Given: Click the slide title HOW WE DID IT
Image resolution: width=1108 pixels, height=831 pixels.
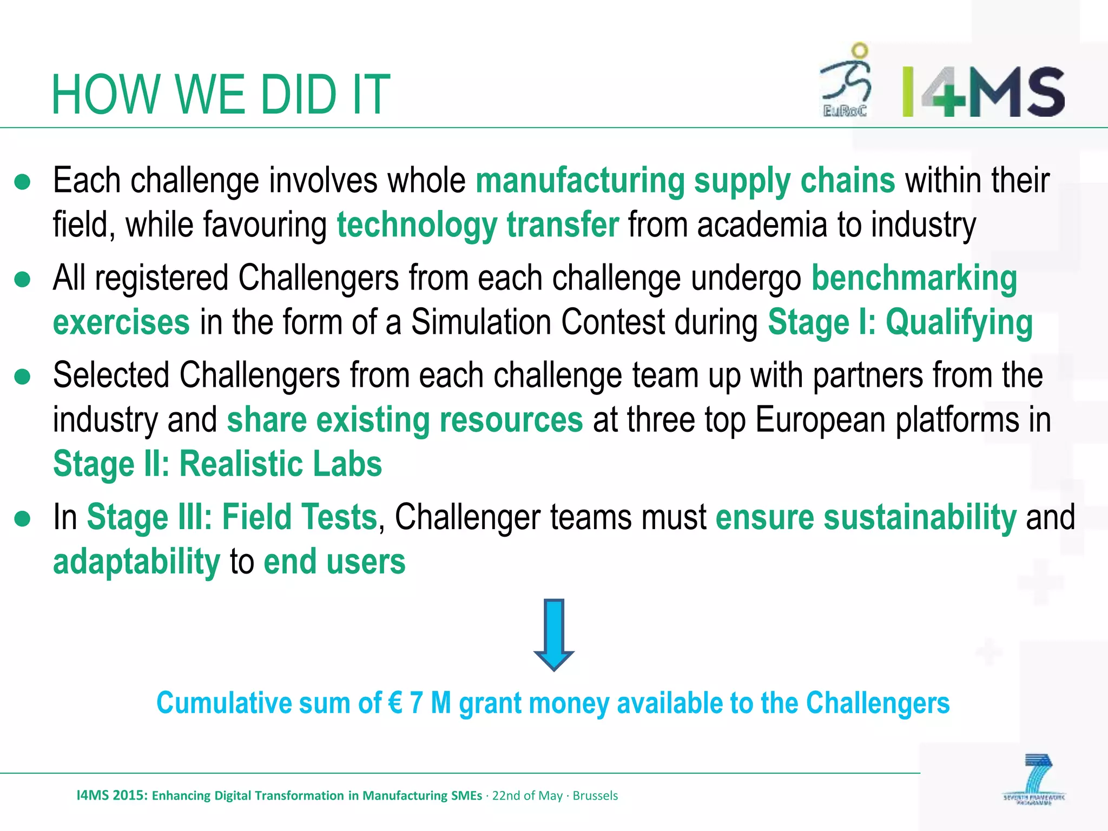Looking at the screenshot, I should tap(221, 95).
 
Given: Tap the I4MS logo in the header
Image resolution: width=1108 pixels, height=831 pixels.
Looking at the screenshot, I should tap(984, 92).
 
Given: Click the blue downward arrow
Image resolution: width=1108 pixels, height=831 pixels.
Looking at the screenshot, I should tap(554, 634).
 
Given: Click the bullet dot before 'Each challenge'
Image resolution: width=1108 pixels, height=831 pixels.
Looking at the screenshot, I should tap(23, 182).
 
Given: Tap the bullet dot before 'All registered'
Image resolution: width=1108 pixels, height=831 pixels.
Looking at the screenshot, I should tap(23, 280).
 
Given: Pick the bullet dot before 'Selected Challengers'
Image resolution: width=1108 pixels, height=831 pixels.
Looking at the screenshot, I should tap(23, 377).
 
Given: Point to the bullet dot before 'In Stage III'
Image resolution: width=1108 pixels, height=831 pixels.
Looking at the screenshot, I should tap(23, 518).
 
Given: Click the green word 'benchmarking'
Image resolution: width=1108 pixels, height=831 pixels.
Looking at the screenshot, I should tap(914, 279).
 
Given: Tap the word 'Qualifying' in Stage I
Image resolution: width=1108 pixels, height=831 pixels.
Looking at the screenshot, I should tap(959, 323).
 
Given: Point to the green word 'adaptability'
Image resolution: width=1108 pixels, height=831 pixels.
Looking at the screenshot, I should tap(136, 562).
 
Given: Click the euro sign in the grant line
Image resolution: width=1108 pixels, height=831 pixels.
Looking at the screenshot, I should tap(395, 703).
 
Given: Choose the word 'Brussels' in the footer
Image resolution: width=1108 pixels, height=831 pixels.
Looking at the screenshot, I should tap(595, 795).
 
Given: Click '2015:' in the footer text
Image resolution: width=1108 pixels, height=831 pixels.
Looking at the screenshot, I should tap(130, 795).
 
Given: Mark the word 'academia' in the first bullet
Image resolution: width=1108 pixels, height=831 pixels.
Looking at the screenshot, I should tap(762, 225).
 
